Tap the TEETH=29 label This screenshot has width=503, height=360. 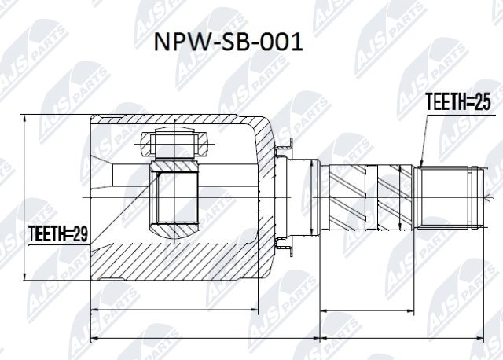point(58,233)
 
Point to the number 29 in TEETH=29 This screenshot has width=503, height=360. point(81,233)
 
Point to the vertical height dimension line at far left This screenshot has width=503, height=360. point(25,197)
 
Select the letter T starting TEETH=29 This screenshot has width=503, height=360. point(32,233)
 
